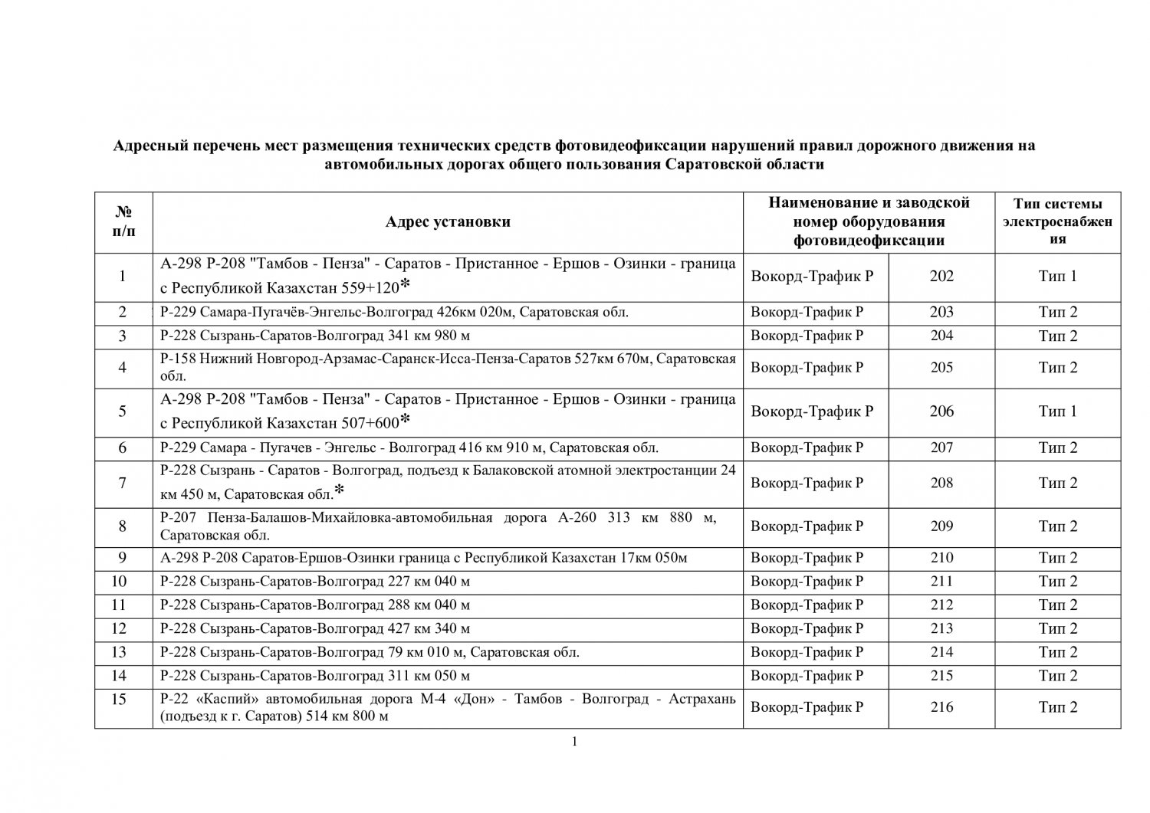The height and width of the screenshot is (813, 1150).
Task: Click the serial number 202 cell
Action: [x=941, y=277]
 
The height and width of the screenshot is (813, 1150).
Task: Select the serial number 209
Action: [x=941, y=526]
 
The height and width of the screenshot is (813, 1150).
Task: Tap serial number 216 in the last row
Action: [x=941, y=707]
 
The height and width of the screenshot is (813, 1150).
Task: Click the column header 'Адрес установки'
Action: [x=448, y=222]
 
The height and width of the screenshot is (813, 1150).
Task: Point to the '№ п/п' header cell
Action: [x=123, y=222]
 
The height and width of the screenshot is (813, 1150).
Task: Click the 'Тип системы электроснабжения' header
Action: [x=1058, y=221]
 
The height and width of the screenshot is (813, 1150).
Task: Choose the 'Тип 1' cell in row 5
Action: [x=1058, y=411]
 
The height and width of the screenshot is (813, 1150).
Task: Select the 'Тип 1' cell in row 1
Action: [x=1058, y=277]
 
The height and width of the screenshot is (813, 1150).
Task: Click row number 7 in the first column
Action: [x=123, y=484]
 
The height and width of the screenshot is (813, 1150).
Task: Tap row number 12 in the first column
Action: [x=119, y=629]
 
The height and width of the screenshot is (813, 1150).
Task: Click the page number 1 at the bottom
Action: [x=574, y=741]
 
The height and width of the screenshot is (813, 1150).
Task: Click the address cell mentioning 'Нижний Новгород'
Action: [x=448, y=368]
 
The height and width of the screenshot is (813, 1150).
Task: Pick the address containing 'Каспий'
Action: [x=448, y=707]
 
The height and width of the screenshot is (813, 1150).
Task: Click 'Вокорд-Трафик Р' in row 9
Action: [x=807, y=558]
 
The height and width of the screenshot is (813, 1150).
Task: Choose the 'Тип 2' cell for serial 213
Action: [x=1058, y=629]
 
